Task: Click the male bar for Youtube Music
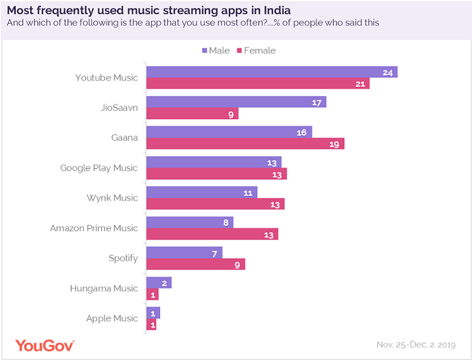point(272,72)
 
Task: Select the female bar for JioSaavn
point(192,114)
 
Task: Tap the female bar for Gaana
point(245,144)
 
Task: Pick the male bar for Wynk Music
point(202,192)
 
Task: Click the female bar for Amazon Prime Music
point(212,234)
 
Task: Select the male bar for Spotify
point(184,252)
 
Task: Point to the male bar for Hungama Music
point(159,283)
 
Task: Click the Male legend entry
point(215,50)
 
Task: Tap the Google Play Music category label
point(98,168)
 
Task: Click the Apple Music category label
point(112,318)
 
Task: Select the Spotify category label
point(123,258)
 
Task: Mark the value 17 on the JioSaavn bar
point(317,103)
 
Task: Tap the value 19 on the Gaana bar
point(335,144)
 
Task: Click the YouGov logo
point(44,345)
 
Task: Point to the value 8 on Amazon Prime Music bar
point(225,222)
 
